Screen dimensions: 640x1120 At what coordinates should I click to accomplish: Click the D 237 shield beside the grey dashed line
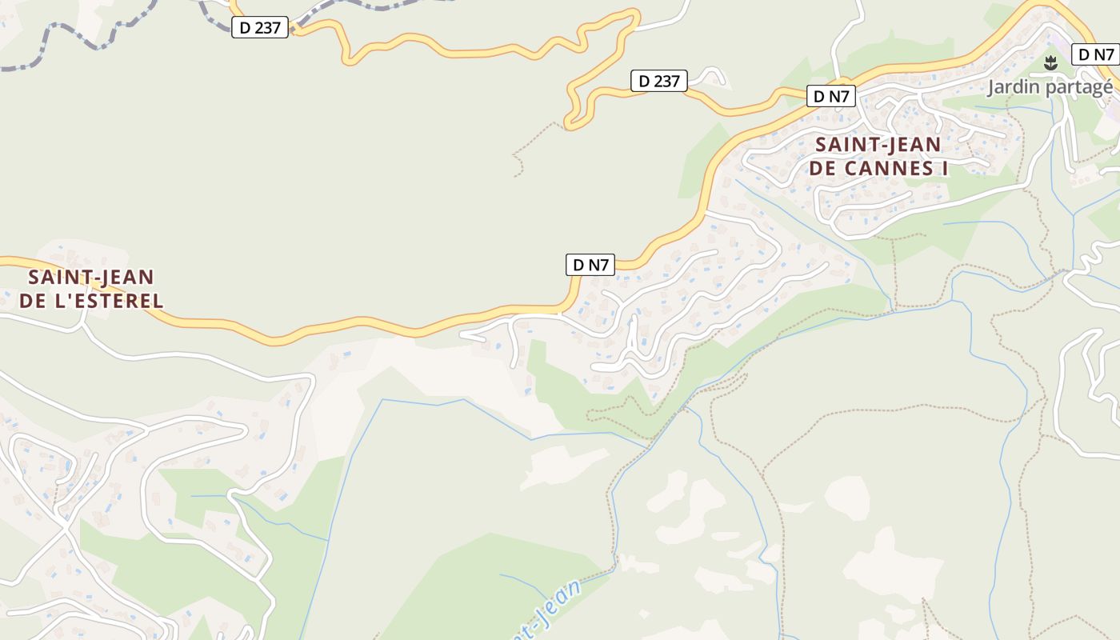[x=260, y=27]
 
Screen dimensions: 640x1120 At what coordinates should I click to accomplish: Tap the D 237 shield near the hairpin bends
[x=659, y=81]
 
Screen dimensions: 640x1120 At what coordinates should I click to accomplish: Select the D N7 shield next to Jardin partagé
[x=1095, y=54]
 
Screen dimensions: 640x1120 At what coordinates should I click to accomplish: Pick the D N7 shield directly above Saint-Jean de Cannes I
[x=831, y=97]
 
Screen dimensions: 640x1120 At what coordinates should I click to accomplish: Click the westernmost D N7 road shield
[x=590, y=265]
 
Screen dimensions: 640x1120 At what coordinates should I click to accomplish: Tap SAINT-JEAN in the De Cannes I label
[x=878, y=146]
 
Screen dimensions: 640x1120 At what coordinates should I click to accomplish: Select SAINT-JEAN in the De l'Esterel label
[x=90, y=278]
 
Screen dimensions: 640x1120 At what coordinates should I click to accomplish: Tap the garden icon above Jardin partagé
[x=1050, y=62]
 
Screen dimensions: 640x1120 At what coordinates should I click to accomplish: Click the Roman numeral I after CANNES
[x=944, y=169]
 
